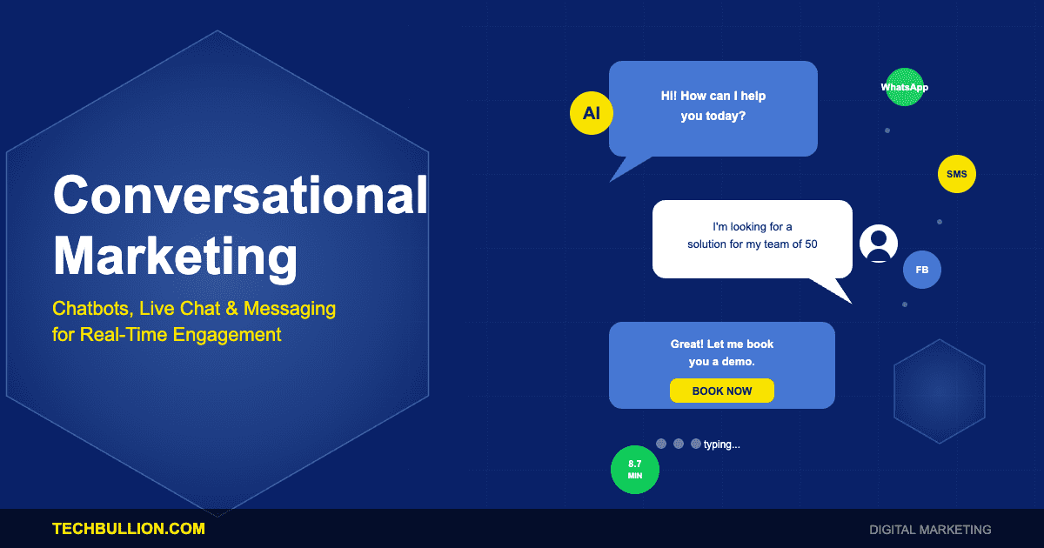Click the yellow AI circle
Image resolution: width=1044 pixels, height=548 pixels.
(x=592, y=113)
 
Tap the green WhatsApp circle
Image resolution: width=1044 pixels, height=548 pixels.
(x=905, y=87)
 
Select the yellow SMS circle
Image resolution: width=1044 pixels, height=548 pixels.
(x=957, y=174)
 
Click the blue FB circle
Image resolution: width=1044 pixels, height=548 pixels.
(x=922, y=270)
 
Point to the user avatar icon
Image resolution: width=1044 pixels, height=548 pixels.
(x=879, y=244)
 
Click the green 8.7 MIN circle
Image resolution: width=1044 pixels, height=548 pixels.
(x=635, y=470)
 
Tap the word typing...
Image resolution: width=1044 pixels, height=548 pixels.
(x=721, y=444)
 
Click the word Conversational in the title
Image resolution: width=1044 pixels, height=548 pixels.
(x=240, y=194)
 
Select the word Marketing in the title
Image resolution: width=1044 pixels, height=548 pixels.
(x=175, y=256)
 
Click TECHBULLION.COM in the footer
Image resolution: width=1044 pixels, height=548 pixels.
(x=129, y=528)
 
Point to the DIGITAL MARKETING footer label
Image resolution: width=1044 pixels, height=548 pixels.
(x=930, y=529)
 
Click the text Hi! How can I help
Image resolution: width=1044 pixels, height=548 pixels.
(x=713, y=96)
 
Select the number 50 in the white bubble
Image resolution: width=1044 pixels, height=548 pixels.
(x=811, y=244)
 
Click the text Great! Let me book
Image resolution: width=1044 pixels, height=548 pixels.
(x=722, y=344)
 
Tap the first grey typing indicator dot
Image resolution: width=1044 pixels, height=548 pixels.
(x=661, y=444)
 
